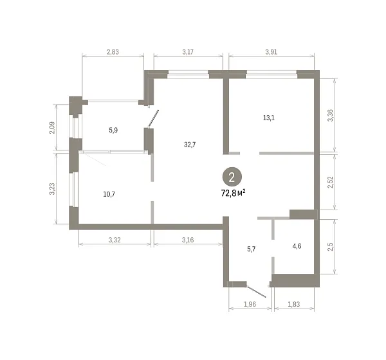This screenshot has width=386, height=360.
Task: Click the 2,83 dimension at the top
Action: tap(113, 52)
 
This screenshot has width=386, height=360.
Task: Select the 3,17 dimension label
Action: tap(188, 52)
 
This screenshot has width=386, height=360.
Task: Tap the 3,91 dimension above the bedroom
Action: tap(271, 52)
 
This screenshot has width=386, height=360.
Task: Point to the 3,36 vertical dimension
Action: tap(331, 115)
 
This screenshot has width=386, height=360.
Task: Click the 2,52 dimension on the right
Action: tap(331, 182)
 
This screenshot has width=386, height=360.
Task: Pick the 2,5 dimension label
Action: tap(331, 247)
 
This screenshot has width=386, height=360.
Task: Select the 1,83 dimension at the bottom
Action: tap(294, 304)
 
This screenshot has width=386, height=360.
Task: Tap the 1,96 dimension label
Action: tap(250, 304)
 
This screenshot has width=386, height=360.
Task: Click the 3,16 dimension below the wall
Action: tap(188, 240)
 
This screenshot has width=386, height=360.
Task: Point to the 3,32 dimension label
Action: tap(115, 240)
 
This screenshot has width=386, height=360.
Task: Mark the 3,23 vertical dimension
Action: tap(52, 189)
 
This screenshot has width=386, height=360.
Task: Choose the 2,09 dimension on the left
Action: tap(52, 128)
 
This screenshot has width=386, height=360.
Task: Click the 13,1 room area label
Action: tap(269, 118)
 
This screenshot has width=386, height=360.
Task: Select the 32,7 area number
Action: tap(190, 145)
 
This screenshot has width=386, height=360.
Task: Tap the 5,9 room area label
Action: tap(113, 130)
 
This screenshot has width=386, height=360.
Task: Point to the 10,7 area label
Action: tap(109, 194)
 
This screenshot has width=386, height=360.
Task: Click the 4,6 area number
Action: tap(297, 246)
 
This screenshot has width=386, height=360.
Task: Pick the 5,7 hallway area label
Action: tap(252, 249)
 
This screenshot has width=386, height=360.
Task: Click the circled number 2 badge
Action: tap(232, 177)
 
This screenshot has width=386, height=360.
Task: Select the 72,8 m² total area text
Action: tap(233, 193)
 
